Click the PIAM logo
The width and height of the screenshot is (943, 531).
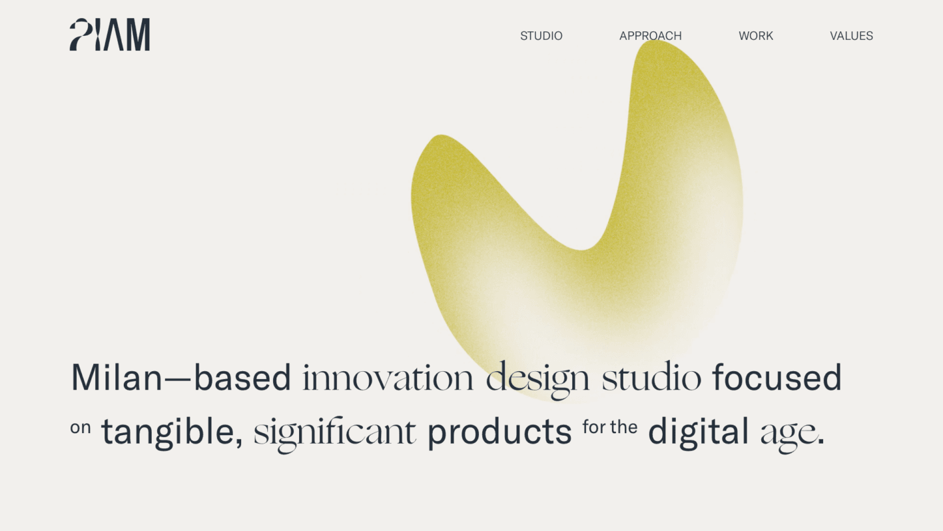pyautogui.click(x=109, y=35)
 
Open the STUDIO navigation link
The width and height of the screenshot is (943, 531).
pyautogui.click(x=541, y=36)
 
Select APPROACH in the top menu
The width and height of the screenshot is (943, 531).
pyautogui.click(x=651, y=36)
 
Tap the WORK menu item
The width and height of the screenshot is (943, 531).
pyautogui.click(x=756, y=36)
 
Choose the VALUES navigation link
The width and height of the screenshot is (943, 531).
pyautogui.click(x=851, y=36)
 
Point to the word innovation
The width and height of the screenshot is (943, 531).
pyautogui.click(x=388, y=377)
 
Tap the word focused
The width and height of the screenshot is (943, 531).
pyautogui.click(x=777, y=376)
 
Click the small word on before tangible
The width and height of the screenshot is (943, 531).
pyautogui.click(x=81, y=428)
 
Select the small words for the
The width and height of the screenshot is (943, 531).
pyautogui.click(x=610, y=427)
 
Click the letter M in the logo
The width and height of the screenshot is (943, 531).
pyautogui.click(x=138, y=35)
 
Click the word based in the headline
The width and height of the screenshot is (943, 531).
pyautogui.click(x=242, y=376)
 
